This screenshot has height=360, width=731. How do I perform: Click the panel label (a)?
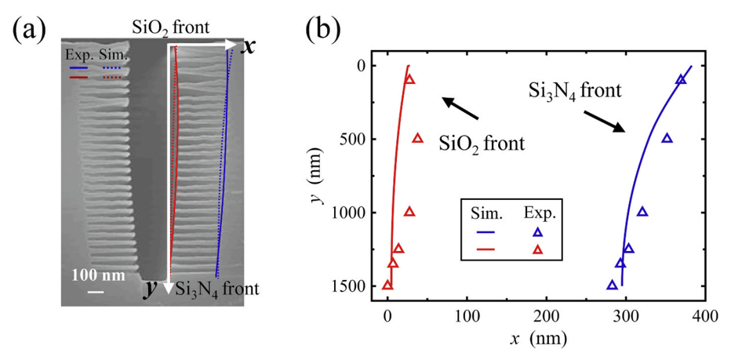pyautogui.click(x=29, y=31)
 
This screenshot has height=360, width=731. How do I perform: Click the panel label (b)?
pyautogui.click(x=324, y=31)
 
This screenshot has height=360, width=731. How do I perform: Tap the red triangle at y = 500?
pyautogui.click(x=418, y=139)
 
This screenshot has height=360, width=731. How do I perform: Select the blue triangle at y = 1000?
pyautogui.click(x=643, y=212)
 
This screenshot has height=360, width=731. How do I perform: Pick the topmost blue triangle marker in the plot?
pyautogui.click(x=681, y=79)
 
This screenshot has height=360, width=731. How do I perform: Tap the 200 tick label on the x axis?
pyautogui.click(x=546, y=317)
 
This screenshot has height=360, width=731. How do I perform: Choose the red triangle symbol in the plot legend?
pyautogui.click(x=539, y=250)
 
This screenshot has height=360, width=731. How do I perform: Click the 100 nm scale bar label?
pyautogui.click(x=98, y=275)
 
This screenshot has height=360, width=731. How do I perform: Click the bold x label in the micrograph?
pyautogui.click(x=247, y=46)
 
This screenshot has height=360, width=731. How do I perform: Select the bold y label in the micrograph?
pyautogui.click(x=150, y=289)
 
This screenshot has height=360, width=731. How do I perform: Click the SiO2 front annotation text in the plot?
pyautogui.click(x=482, y=144)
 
